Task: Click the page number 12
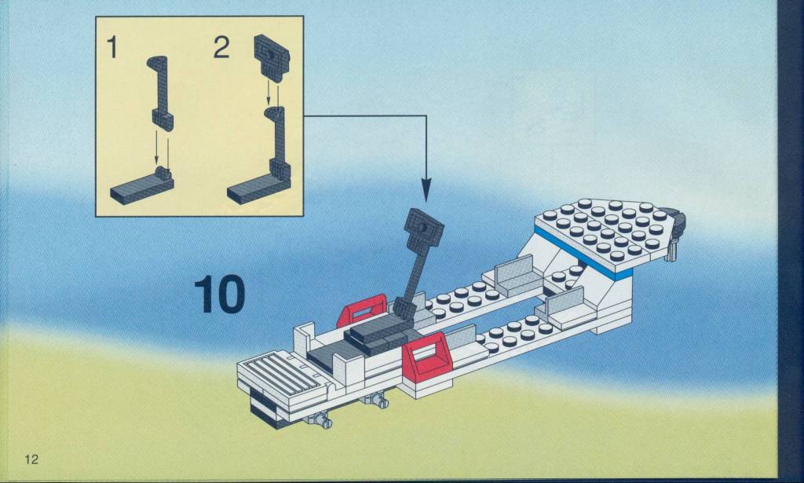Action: coord(31,459)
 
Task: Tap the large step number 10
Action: coord(220,295)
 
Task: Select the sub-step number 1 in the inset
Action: coord(111,47)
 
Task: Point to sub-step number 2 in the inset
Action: coord(221,47)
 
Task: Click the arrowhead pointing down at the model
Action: coord(426,190)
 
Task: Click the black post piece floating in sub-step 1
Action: coord(162,93)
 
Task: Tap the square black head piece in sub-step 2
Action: coord(272,57)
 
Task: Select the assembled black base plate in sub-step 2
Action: coord(258,187)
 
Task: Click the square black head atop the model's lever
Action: coord(423,227)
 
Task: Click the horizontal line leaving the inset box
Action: coord(364,116)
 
